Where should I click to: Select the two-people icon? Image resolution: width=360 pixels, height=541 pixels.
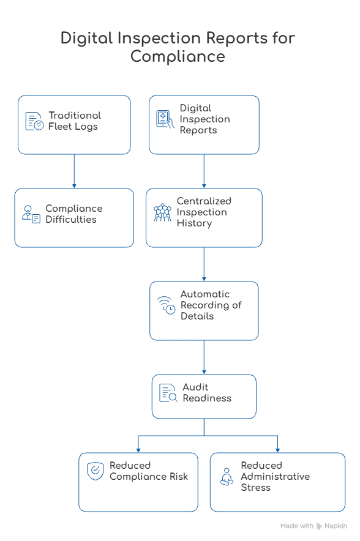pos(31,214)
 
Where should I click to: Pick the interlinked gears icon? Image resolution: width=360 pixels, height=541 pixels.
pos(165,304)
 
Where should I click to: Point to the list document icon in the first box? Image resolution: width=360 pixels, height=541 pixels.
pos(31,120)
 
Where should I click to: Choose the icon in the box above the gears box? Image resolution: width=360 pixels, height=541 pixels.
pos(162,212)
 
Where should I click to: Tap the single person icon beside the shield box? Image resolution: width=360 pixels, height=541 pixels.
pos(225,477)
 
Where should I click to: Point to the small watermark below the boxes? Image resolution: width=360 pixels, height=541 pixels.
pos(309,524)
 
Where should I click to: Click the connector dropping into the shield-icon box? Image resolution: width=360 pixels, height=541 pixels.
pos(138,444)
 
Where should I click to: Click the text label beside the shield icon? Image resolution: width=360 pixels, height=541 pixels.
pos(147,471)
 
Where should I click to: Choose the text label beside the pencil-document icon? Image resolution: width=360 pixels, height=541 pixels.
pos(206,392)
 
